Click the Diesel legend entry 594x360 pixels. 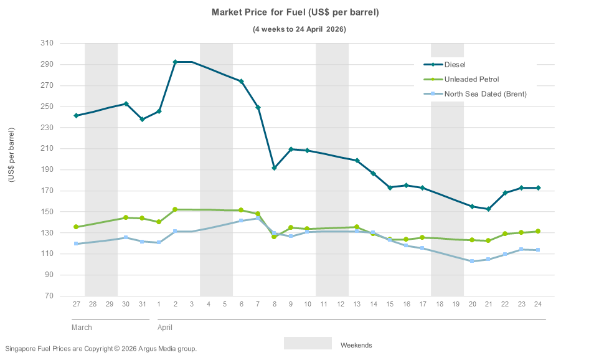point(455,64)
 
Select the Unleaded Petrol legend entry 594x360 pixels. point(471,79)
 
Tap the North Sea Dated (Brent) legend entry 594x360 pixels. point(485,94)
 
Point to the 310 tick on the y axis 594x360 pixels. point(47,43)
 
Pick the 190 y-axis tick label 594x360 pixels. point(47,169)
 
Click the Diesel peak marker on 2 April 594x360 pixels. point(175,62)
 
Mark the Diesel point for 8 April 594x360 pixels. point(274,168)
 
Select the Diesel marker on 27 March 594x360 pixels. point(76,116)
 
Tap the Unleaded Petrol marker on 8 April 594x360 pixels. point(274,237)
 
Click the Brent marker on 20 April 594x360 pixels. point(472,261)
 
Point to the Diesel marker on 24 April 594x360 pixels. point(538,188)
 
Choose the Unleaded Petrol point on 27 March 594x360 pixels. point(76,227)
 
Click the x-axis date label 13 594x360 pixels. point(357,304)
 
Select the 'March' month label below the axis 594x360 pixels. point(82,327)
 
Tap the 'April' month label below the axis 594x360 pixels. point(165,327)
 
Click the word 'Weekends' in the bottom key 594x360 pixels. point(356,345)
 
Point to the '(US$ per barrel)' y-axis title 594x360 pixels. point(11,154)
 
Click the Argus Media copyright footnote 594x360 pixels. point(101,349)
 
